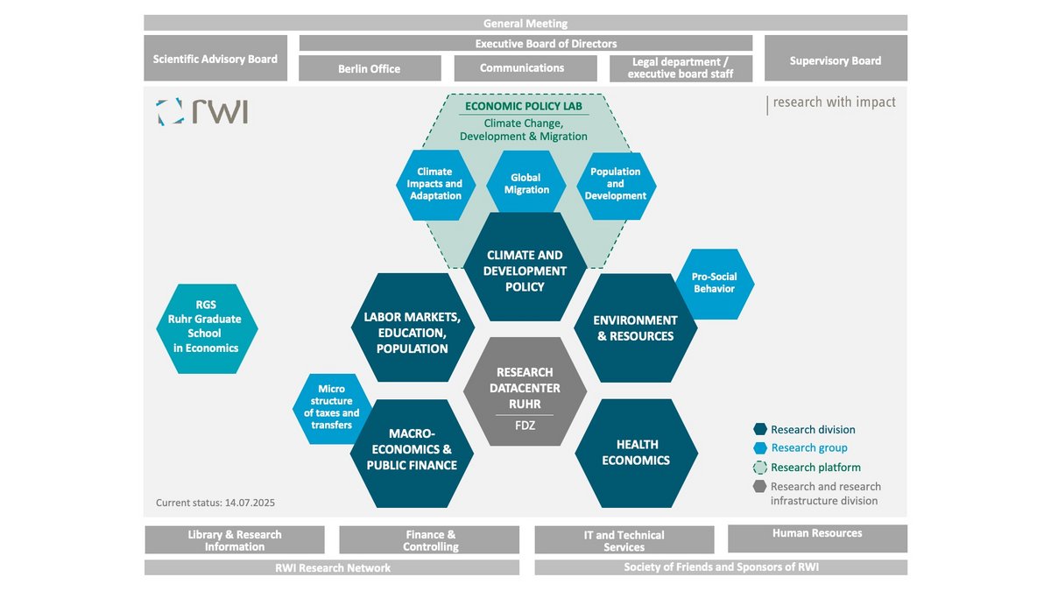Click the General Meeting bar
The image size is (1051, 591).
coord(525,24)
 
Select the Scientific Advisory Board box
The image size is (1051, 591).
coord(215,59)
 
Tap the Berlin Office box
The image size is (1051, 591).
coord(370,68)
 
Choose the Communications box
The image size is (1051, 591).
coord(523,67)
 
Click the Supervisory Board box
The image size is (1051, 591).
coord(836,60)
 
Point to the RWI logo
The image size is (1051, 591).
coord(202,111)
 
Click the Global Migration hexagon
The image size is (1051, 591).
coord(526,183)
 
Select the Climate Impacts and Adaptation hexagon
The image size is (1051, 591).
coord(435,184)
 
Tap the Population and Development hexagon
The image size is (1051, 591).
coord(616,184)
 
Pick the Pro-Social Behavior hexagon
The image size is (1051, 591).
coord(714,283)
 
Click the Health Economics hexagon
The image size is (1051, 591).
coord(636,453)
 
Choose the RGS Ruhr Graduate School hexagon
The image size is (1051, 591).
coord(207,327)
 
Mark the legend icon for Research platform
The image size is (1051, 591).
coord(760,468)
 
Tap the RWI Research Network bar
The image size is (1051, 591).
coord(332,567)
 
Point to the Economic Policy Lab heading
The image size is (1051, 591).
coord(524,106)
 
